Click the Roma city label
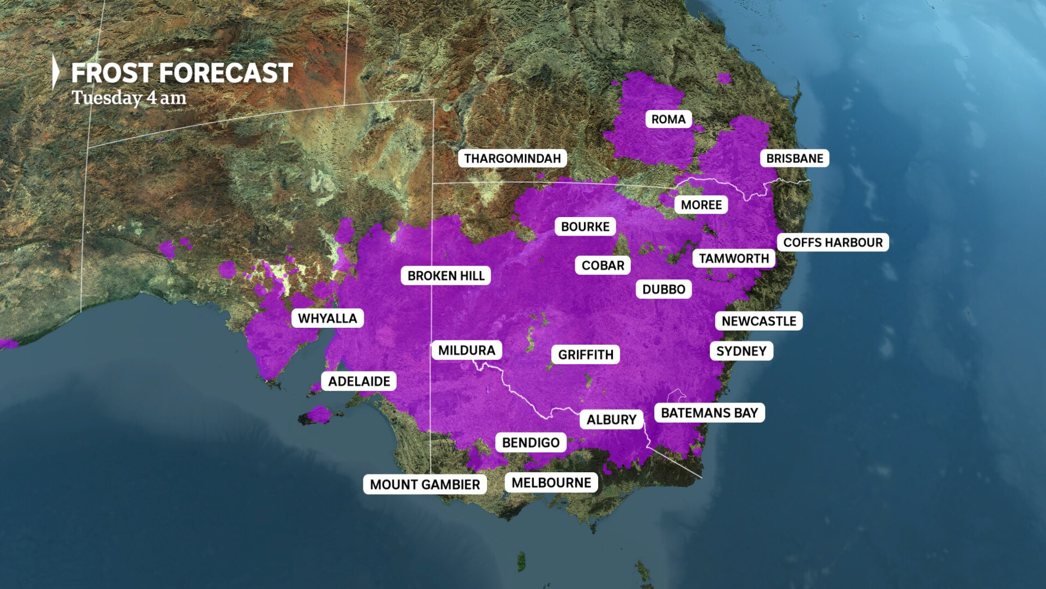point(668,119)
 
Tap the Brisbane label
point(794,159)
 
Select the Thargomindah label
point(512,159)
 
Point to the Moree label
point(701,205)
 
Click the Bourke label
point(585,227)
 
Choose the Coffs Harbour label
point(833,243)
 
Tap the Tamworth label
point(734,259)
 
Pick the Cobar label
point(603,266)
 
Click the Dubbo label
point(664,290)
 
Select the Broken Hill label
point(446,276)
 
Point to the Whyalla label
point(327,318)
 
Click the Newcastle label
point(759,321)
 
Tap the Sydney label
point(741,351)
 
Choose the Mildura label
point(466,351)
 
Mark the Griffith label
point(586,355)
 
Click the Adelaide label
point(359,381)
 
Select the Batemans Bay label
point(709,413)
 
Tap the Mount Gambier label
point(425,484)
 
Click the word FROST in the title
point(111,73)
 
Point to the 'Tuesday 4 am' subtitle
point(129,98)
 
